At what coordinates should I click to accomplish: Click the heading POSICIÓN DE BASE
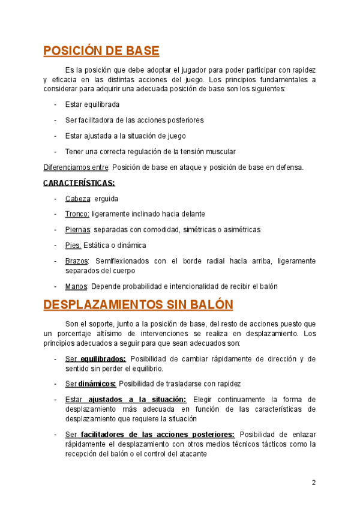pyautogui.click(x=101, y=50)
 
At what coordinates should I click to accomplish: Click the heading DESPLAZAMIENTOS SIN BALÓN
pyautogui.click(x=138, y=304)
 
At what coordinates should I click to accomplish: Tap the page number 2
pyautogui.click(x=313, y=483)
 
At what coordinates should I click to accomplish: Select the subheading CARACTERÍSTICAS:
pyautogui.click(x=79, y=182)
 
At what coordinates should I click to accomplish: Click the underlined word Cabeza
pyautogui.click(x=78, y=198)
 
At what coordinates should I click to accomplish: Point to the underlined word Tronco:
pyautogui.click(x=77, y=214)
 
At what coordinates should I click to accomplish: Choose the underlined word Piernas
pyautogui.click(x=78, y=229)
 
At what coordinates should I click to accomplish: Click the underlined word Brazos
pyautogui.click(x=77, y=261)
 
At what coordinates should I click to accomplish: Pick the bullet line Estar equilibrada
pyautogui.click(x=92, y=104)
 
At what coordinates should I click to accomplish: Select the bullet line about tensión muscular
pyautogui.click(x=151, y=151)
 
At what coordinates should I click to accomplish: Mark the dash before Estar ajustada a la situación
pyautogui.click(x=55, y=136)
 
